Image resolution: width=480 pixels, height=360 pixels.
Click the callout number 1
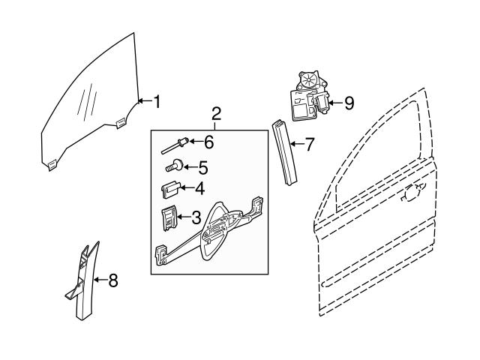(x=157, y=102)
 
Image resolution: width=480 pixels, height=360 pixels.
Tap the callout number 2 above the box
(x=216, y=114)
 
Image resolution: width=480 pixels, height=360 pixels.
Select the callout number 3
(x=196, y=217)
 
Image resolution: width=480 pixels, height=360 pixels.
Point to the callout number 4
(x=199, y=188)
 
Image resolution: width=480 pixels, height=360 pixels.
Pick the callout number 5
(x=203, y=167)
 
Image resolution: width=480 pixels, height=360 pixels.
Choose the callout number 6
(x=208, y=142)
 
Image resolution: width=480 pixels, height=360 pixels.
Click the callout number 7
(x=310, y=144)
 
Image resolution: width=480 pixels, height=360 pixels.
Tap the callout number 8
(x=113, y=280)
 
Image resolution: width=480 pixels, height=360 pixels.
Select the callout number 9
(x=349, y=103)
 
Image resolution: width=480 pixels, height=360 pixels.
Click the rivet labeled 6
(x=175, y=145)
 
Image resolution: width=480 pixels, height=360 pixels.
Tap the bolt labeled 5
(x=174, y=166)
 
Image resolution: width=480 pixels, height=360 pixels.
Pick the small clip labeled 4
(x=171, y=189)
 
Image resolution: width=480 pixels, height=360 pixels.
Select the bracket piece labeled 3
(x=169, y=217)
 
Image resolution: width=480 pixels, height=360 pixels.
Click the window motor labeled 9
(x=310, y=96)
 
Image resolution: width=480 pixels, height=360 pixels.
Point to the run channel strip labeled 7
(x=284, y=153)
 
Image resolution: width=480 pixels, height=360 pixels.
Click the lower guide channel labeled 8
(x=82, y=280)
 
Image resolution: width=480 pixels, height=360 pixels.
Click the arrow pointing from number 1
(x=145, y=100)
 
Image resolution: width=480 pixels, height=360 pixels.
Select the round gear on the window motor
(x=308, y=80)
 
